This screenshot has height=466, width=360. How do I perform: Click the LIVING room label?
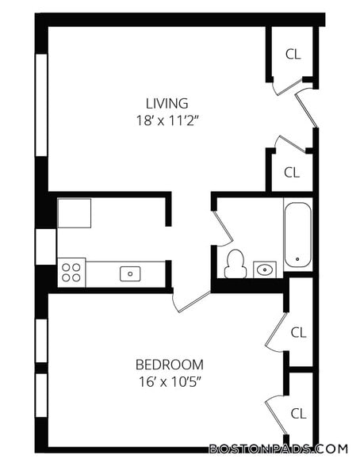point(167,103)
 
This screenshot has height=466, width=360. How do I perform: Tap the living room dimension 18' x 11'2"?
point(167,120)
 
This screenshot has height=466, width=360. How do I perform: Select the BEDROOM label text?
point(170,365)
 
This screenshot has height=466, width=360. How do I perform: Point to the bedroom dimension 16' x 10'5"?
point(170,382)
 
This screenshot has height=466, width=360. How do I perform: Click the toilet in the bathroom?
point(236,264)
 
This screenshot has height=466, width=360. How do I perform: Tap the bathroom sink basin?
point(265,269)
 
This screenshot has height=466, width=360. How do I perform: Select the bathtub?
point(298,235)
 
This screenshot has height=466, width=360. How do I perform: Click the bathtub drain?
point(297,259)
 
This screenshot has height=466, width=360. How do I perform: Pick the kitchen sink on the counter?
point(130,273)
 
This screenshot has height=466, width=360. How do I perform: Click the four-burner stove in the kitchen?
point(71,273)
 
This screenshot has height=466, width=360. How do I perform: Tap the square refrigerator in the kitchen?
point(74,213)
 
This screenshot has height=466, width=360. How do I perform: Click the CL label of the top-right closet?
point(293,54)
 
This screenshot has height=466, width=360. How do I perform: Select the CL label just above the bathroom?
point(292,173)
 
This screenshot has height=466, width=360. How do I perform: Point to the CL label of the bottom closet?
point(298,414)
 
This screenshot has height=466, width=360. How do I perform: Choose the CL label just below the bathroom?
point(298,333)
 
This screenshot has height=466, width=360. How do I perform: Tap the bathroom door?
point(223,228)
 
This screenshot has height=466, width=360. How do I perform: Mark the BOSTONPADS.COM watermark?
point(278,449)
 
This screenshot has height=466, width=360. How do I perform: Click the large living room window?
point(41,105)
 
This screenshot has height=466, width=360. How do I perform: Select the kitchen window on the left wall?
point(45,246)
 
